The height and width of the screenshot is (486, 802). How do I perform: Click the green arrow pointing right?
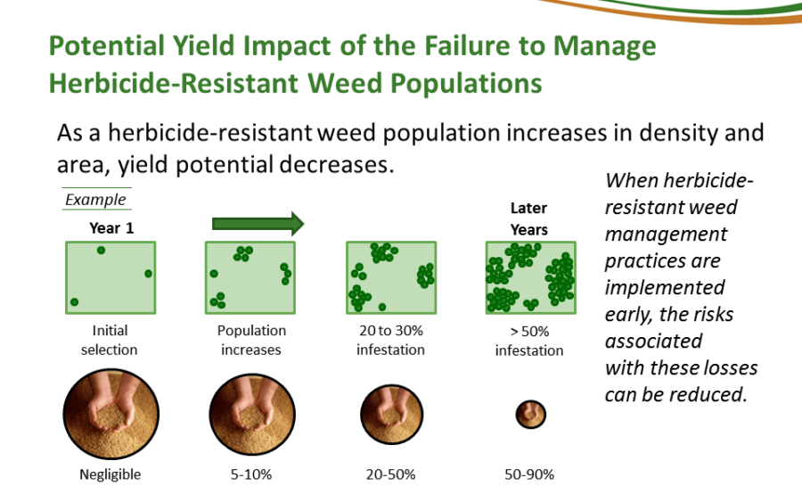[258, 222]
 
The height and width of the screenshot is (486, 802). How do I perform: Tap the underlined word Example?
[95, 200]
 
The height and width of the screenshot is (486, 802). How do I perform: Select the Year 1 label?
[111, 227]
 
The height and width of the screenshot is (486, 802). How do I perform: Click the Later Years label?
[528, 218]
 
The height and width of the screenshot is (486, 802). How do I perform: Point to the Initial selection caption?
[110, 340]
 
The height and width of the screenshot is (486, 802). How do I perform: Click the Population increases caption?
[251, 340]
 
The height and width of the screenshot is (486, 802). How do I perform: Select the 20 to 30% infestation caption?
[390, 340]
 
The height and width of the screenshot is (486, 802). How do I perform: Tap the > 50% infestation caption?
[529, 341]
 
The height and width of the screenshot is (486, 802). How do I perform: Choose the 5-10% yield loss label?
[251, 474]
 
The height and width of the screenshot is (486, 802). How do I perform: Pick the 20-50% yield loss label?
[390, 474]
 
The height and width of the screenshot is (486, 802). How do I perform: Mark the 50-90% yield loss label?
[529, 474]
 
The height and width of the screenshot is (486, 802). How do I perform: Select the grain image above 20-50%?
[390, 413]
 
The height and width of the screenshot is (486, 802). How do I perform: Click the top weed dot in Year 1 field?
[101, 251]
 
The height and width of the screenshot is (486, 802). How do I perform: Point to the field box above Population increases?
[250, 277]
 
